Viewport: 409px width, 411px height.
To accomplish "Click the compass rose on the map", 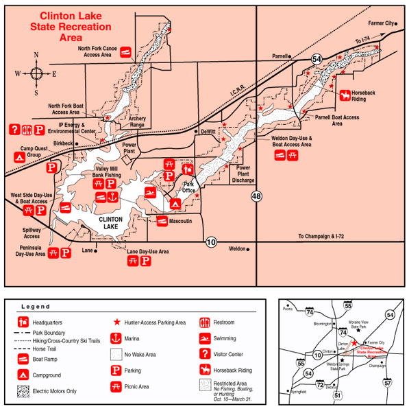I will pyautogui.click(x=36, y=73).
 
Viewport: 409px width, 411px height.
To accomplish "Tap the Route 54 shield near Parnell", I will pyautogui.click(x=316, y=60).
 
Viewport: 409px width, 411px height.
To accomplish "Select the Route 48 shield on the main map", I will pyautogui.click(x=256, y=197).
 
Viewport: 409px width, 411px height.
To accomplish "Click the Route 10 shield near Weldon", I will pyautogui.click(x=211, y=241).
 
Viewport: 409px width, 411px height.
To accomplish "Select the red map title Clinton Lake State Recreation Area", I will pyautogui.click(x=76, y=26).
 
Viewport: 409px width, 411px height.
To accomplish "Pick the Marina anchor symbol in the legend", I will pyautogui.click(x=116, y=338).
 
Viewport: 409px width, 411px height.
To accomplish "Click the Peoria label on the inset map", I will pyautogui.click(x=287, y=309).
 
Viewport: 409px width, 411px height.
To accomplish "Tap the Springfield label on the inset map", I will pyautogui.click(x=297, y=392).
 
